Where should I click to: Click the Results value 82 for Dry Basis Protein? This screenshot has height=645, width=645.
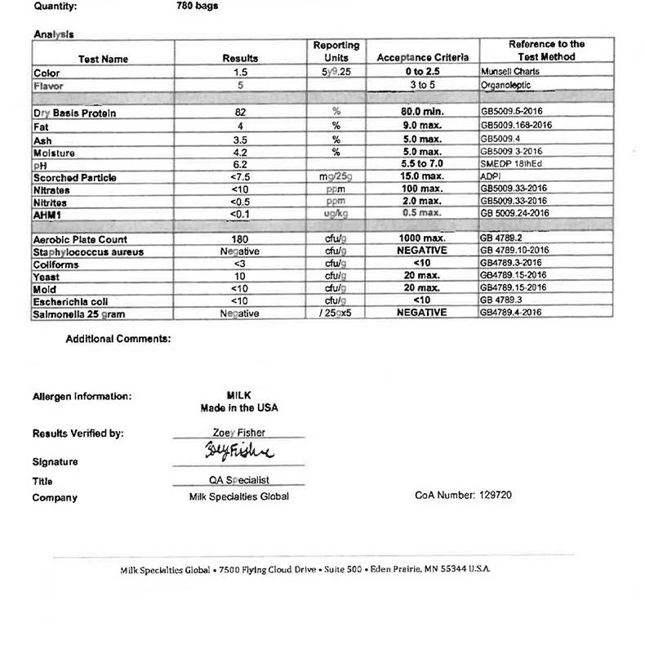[x=240, y=112]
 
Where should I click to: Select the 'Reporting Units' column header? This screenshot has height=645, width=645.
[x=336, y=51]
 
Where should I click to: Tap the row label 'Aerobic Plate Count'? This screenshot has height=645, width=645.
[x=80, y=240]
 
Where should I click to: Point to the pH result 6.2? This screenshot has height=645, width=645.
[x=240, y=164]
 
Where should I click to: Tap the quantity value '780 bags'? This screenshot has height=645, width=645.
[x=197, y=6]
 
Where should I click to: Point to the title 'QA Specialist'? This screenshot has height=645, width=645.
[x=239, y=480]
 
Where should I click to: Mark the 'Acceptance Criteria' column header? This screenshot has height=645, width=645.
[x=422, y=58]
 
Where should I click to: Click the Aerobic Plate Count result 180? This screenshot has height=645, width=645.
[x=240, y=239]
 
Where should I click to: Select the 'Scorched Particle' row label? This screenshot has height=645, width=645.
[x=75, y=177]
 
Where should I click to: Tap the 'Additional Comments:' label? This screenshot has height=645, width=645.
[x=118, y=339]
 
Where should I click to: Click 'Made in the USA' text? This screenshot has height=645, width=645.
[x=239, y=407]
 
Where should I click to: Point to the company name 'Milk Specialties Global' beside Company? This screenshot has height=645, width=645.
[x=238, y=496]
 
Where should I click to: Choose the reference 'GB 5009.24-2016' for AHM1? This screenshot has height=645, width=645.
[x=514, y=213]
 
